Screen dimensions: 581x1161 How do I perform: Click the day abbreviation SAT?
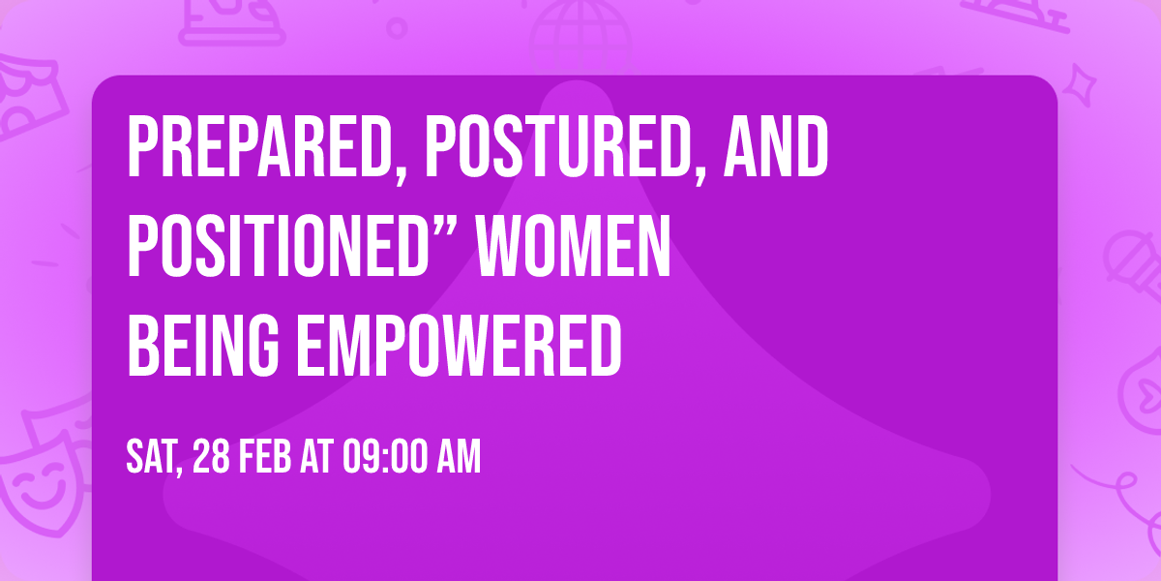(x=153, y=458)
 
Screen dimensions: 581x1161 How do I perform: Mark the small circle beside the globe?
(x=397, y=27)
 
